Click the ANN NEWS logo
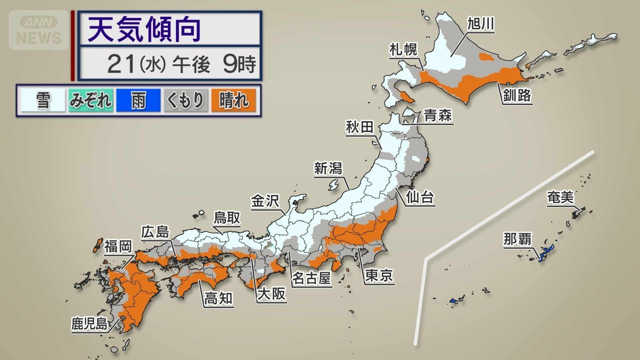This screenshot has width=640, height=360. tap(39, 30)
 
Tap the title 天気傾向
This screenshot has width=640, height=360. tap(144, 29)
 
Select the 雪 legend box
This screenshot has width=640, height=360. tap(43, 100)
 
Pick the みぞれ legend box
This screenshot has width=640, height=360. tap(91, 100)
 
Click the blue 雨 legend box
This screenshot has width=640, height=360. tap(138, 100)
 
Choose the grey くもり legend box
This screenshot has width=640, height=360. tap(186, 100)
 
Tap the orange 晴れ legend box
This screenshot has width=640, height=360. tap(233, 100)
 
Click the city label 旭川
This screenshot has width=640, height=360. tap(480, 24)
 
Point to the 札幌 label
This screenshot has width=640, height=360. tap(403, 50)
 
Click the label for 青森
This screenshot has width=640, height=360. tap(438, 116)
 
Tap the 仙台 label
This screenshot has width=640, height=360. tap(420, 197)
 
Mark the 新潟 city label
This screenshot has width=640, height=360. tap(328, 168)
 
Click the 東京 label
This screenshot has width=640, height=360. tap(379, 276)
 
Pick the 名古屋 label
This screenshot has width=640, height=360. tap(311, 278)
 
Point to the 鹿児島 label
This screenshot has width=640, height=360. tap(89, 324)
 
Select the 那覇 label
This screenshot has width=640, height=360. tap(517, 239)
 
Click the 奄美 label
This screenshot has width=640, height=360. tap(560, 197)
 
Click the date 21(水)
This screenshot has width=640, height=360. tap(137, 64)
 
